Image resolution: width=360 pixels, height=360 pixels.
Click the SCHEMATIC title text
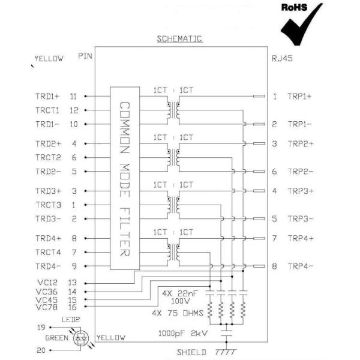[x=179, y=39]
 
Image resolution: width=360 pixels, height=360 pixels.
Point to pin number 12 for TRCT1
[x=74, y=110]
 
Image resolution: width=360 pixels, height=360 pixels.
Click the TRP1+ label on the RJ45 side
[x=300, y=96]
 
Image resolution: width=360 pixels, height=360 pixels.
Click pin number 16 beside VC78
[x=74, y=307]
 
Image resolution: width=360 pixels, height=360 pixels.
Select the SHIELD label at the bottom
[x=191, y=352]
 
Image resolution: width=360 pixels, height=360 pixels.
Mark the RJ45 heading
[x=282, y=59]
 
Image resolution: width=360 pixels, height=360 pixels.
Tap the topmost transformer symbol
[x=175, y=111]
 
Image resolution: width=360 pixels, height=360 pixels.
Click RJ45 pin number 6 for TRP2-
[x=274, y=172]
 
